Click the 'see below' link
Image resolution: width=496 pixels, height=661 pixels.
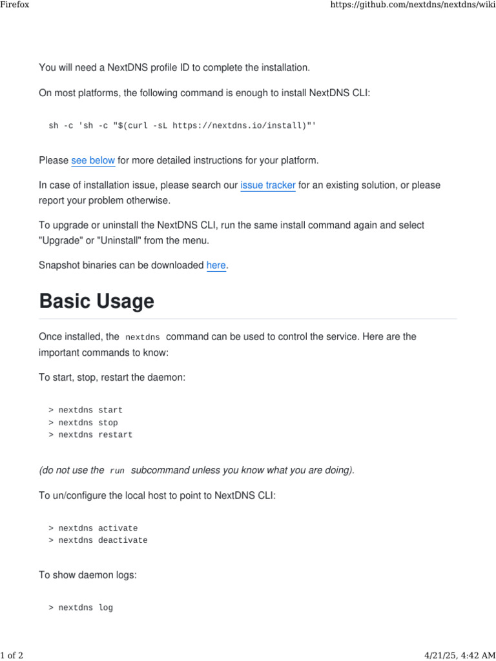[93, 160]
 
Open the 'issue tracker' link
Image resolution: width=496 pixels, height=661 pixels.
[268, 185]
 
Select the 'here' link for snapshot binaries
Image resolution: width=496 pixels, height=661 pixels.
[216, 265]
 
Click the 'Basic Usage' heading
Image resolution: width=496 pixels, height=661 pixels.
[97, 301]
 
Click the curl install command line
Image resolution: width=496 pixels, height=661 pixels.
[183, 125]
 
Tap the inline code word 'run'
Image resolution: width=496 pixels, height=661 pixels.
[117, 471]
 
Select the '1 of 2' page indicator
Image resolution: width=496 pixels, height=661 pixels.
[12, 656]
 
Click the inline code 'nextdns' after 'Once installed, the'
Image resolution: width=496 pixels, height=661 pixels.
[142, 338]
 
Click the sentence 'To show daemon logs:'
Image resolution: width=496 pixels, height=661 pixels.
[88, 575]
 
